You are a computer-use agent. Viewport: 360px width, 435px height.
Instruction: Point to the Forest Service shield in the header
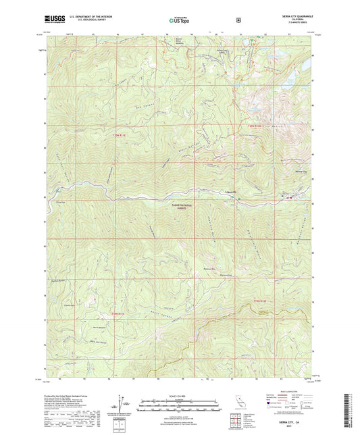pos(238,20)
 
